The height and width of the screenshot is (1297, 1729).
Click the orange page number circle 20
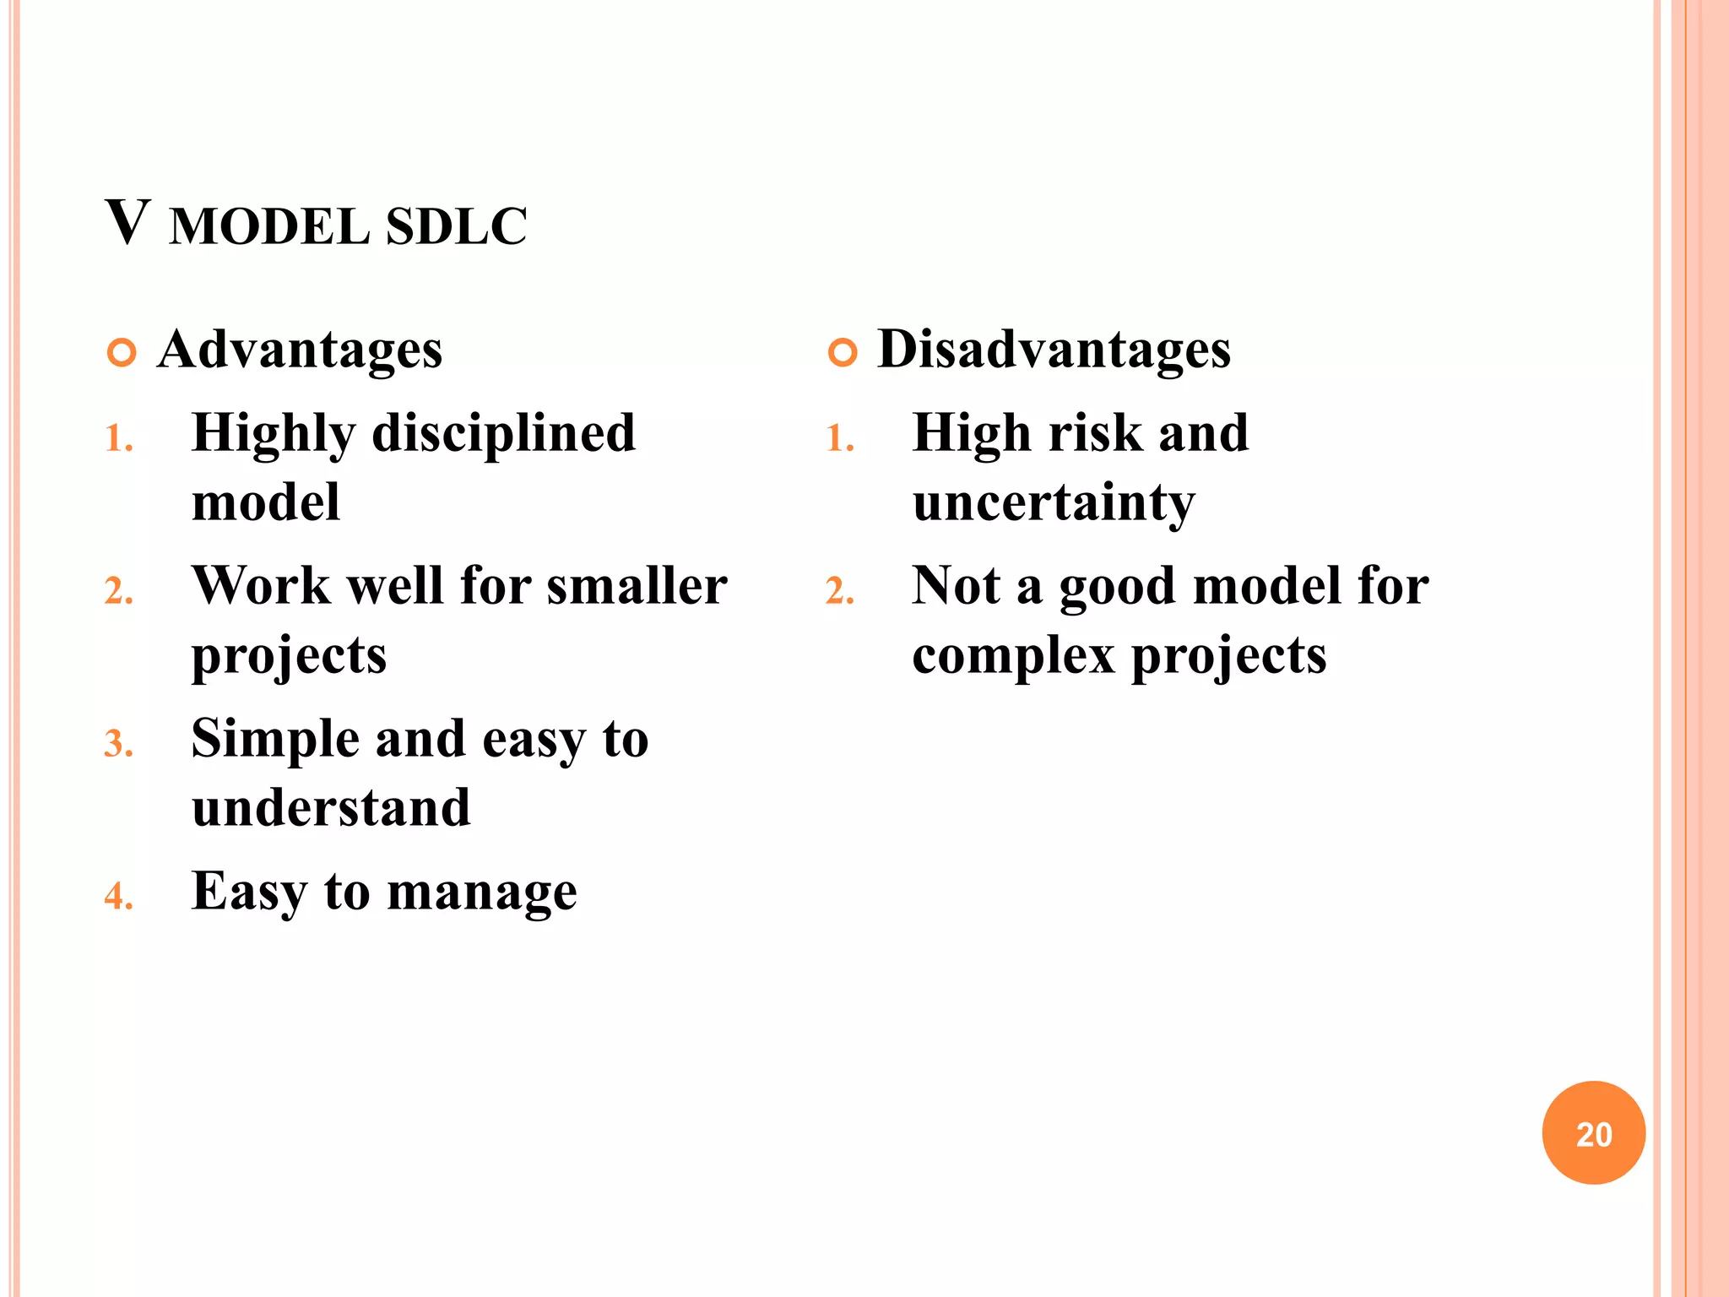(1593, 1132)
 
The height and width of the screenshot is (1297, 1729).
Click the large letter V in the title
(128, 223)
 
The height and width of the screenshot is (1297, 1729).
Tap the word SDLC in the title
(456, 226)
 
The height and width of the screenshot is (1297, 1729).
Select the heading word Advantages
(300, 350)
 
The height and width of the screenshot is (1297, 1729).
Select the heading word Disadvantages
(1054, 350)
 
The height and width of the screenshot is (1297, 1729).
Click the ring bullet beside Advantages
(122, 352)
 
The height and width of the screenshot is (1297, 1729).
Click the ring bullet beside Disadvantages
(843, 352)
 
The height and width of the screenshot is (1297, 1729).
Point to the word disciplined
(503, 434)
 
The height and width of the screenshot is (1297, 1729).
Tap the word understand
(331, 807)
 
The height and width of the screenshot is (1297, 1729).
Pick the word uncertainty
(1054, 503)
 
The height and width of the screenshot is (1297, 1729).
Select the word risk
(1094, 434)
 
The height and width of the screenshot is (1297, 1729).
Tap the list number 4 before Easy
(118, 897)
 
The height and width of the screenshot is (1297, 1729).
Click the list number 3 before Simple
(118, 745)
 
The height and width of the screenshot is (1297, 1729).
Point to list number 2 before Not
(839, 592)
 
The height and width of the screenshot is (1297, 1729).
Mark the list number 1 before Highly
(118, 439)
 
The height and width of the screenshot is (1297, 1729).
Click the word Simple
(275, 739)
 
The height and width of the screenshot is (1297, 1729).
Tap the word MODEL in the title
(268, 226)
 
